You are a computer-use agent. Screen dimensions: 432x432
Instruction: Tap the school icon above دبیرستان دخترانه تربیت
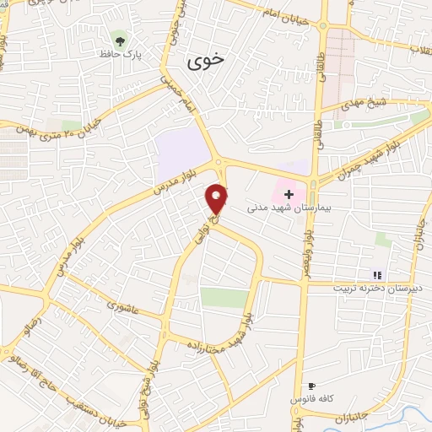(x=377, y=274)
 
